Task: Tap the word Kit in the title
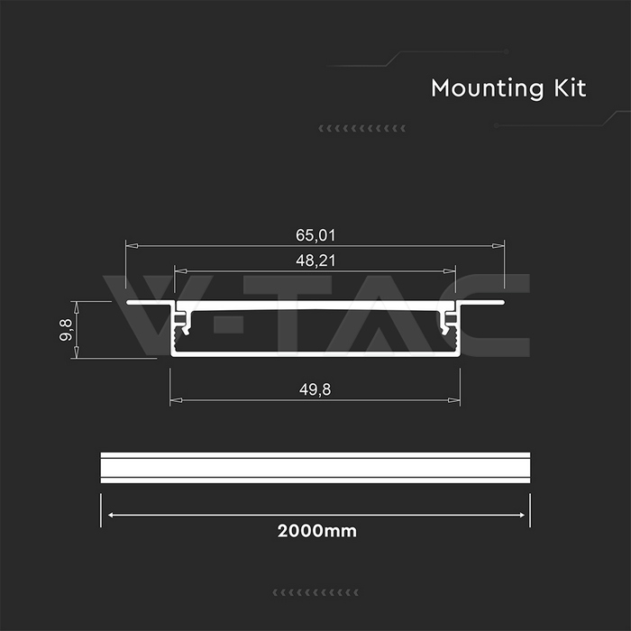[570, 87]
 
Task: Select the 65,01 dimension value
[315, 235]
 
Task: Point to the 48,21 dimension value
[315, 261]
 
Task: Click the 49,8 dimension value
[315, 389]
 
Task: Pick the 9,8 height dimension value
[66, 330]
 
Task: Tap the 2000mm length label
[316, 531]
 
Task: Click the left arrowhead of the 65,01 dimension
[132, 246]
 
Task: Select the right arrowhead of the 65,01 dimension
[498, 246]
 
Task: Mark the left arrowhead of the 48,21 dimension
[180, 271]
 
